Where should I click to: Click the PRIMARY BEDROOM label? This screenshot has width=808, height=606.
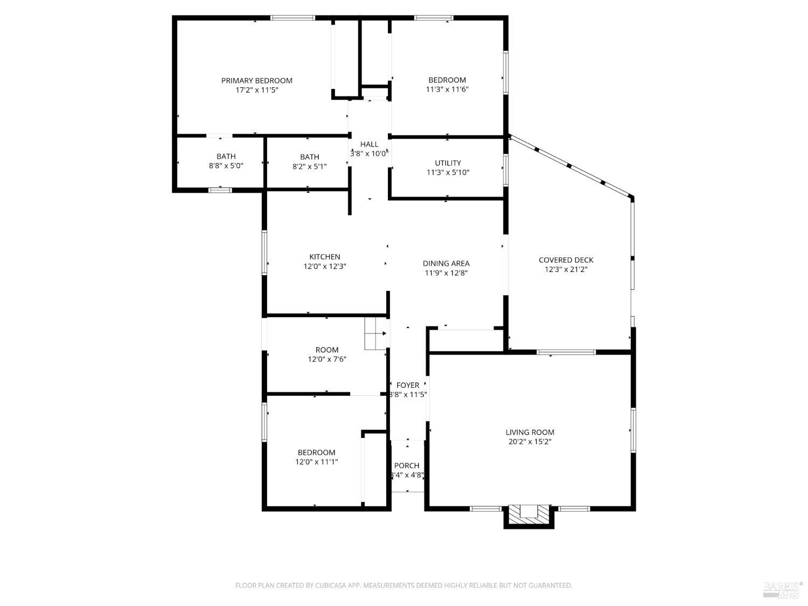tap(256, 80)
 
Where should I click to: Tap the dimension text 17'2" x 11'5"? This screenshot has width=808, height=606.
tap(256, 90)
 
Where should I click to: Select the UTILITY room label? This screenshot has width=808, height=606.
tap(448, 163)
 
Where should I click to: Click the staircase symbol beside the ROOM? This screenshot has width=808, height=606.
tap(375, 333)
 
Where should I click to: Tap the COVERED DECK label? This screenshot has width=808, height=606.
tap(566, 260)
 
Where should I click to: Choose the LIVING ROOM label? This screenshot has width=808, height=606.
tap(530, 432)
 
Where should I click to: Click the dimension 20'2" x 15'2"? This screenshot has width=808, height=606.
tap(530, 442)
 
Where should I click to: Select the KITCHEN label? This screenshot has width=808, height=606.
tap(324, 256)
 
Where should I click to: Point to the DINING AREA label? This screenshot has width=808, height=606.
tap(445, 263)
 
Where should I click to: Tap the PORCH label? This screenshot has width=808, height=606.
tap(407, 465)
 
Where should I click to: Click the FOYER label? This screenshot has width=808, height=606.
tap(407, 385)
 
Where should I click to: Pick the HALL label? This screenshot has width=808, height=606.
tap(369, 144)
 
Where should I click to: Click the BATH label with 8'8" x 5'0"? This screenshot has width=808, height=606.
tap(226, 156)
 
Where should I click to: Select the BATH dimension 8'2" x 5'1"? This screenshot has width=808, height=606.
tap(309, 166)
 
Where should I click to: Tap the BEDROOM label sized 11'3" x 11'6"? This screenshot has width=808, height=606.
tap(447, 80)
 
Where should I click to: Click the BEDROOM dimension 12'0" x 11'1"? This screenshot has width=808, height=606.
tap(316, 462)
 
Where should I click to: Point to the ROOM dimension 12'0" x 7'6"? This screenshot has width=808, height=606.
tap(326, 359)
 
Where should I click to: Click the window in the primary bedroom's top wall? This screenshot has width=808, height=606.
tap(292, 18)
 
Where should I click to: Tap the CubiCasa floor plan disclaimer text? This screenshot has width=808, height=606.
tap(403, 585)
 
